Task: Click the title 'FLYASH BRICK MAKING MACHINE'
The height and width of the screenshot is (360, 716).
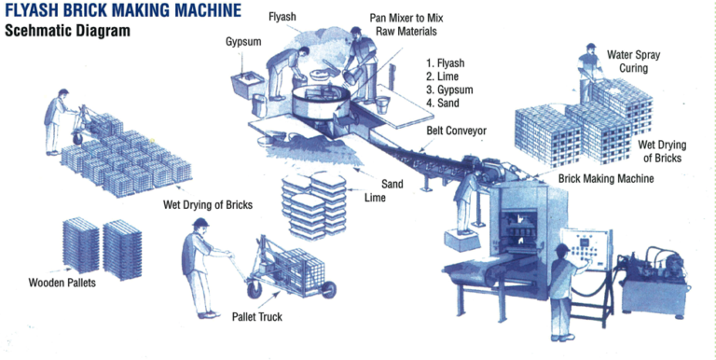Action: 121,10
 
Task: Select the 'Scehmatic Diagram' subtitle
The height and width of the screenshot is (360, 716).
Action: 67,30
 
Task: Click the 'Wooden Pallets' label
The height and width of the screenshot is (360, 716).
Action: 63,282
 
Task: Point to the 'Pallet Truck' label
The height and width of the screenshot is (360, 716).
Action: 256,317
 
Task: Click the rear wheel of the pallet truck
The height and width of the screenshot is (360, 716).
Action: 327,291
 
